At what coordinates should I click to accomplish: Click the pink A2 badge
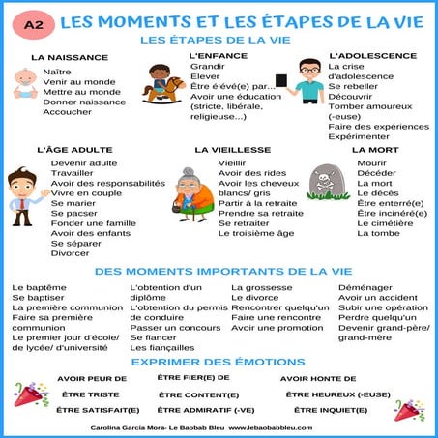pos(33,19)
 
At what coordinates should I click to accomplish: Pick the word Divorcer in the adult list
pos(72,252)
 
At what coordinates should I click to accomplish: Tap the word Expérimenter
pos(359,136)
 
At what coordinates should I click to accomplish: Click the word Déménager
pos(366,287)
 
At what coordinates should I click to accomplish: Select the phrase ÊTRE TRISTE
pos(89,394)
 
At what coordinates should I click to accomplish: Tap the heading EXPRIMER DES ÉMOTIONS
pos(218,361)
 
